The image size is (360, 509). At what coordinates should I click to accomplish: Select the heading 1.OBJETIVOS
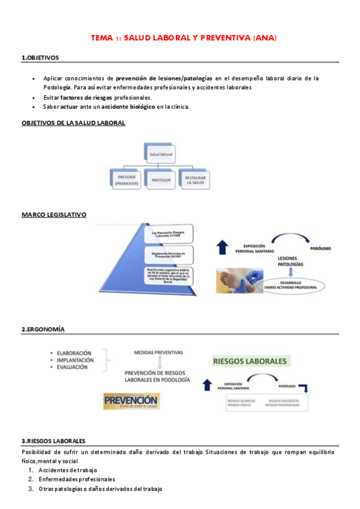coord(40,58)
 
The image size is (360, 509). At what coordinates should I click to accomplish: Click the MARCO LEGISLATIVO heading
coord(54,214)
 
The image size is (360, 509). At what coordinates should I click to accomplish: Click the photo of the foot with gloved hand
coord(238,280)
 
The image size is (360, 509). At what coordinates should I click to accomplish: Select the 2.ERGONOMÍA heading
coord(43,330)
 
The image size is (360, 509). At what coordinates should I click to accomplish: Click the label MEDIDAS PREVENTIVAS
coord(158,352)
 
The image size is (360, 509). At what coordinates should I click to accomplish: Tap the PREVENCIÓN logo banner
coord(131,401)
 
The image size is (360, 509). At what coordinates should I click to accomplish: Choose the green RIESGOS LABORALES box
coord(250,361)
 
